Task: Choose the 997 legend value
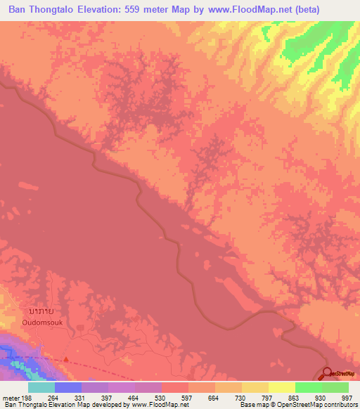point(347,397)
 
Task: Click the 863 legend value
point(295,397)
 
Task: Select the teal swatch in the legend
point(41,387)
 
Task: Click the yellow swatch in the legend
point(255,387)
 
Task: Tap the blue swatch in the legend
point(68,387)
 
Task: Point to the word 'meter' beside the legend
point(10,397)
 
